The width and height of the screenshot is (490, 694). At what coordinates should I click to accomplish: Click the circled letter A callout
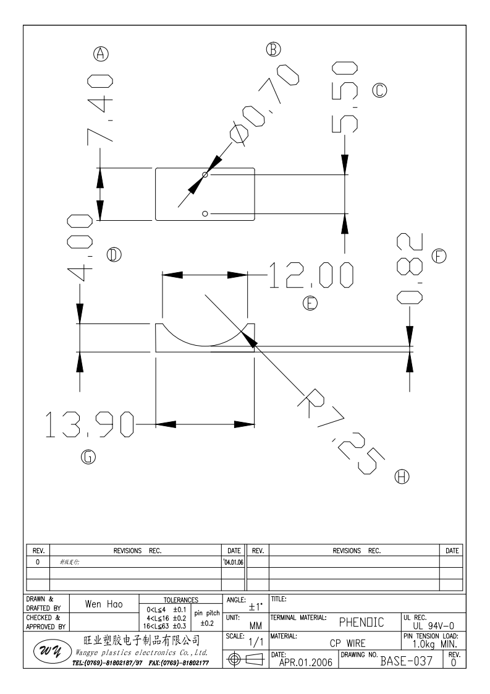[102, 54]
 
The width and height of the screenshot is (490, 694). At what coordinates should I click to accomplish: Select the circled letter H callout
[402, 477]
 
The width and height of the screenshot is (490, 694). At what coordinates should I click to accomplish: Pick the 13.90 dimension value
[90, 424]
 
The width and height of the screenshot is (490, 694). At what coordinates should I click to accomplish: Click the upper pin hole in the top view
[206, 175]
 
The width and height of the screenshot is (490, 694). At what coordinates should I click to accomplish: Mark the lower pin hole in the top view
[206, 213]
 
